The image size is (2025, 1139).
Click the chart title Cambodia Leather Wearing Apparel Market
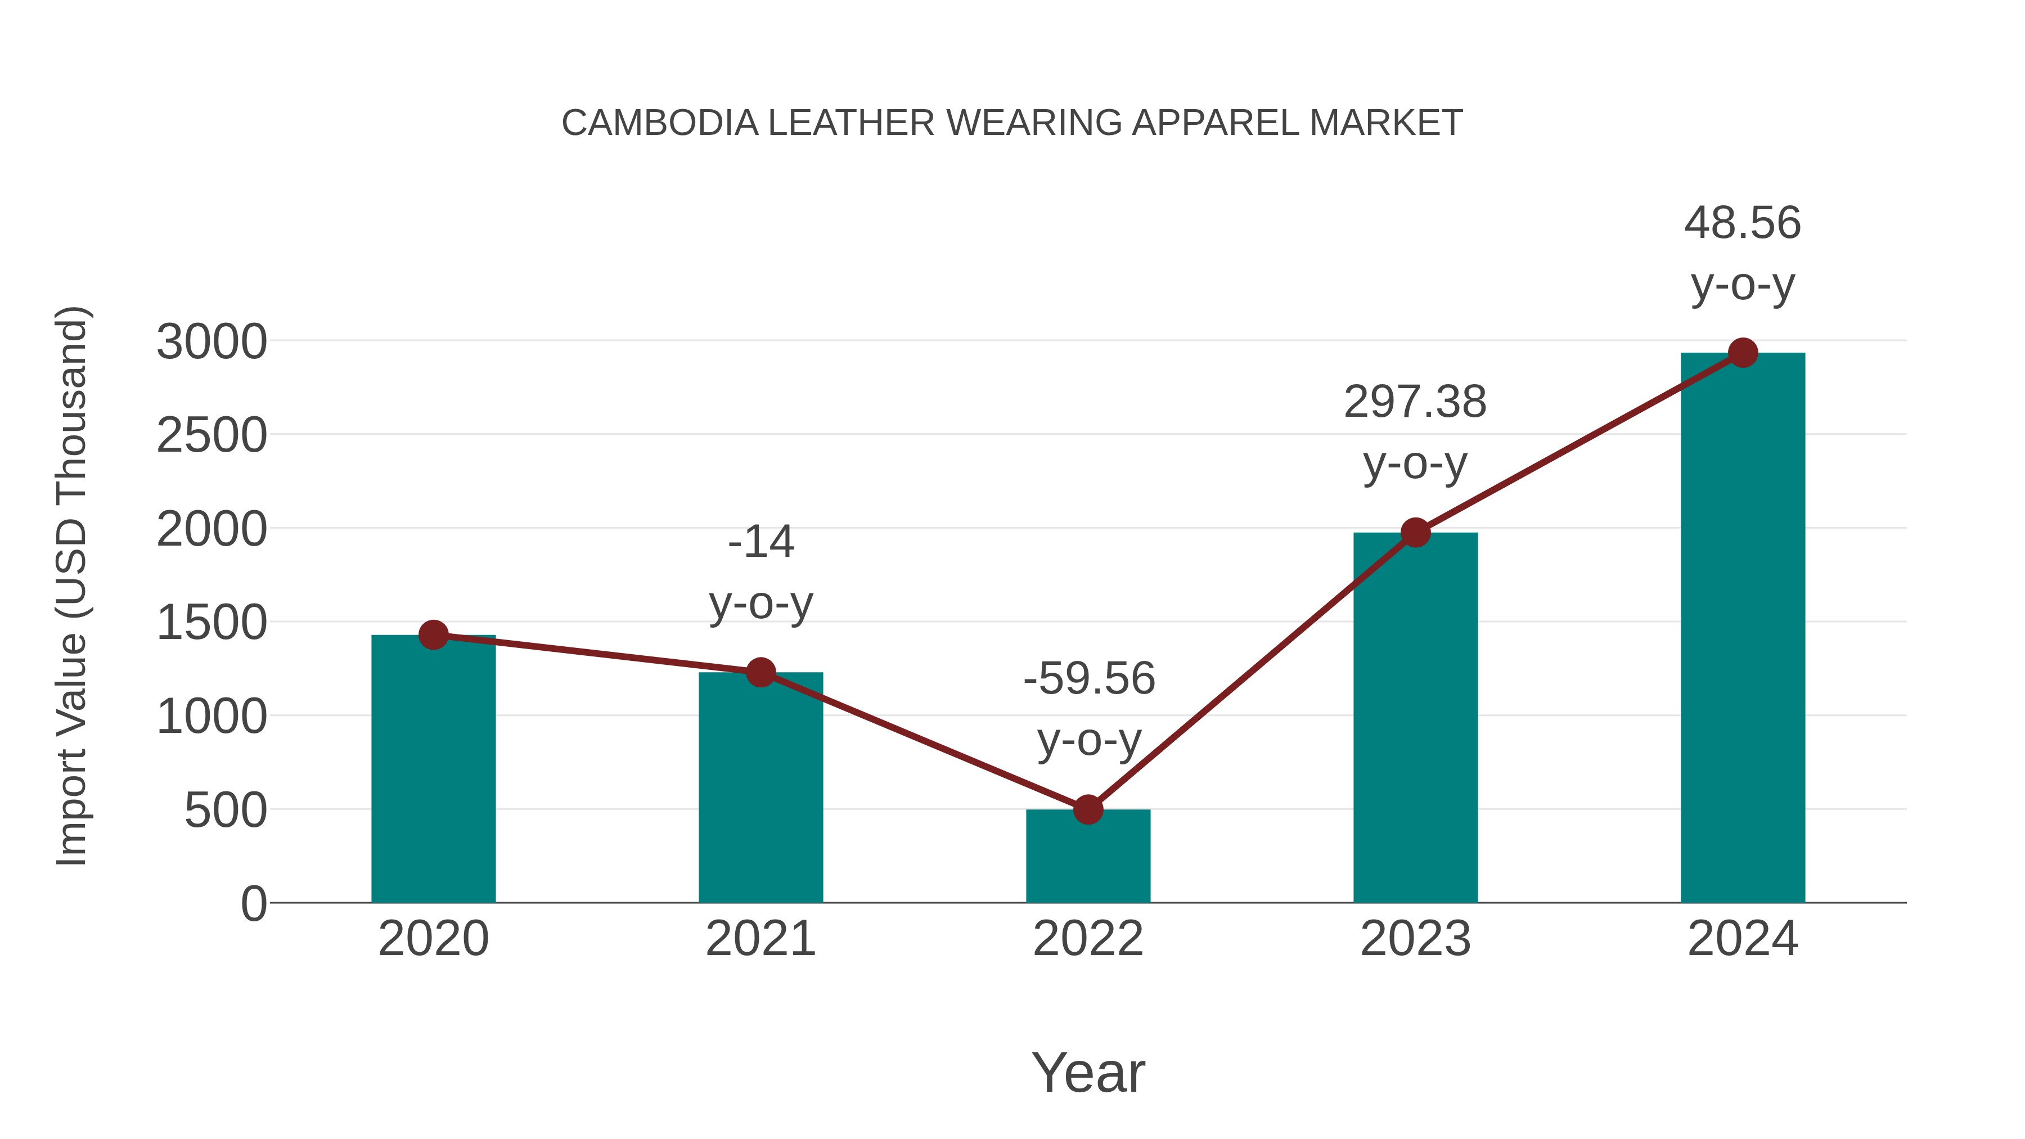click(1012, 123)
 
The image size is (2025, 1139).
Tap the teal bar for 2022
click(1088, 856)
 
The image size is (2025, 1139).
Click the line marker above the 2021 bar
click(760, 672)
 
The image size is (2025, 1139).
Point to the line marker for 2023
click(1415, 533)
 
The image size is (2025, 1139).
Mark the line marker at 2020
click(433, 634)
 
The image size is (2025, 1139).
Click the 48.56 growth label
click(1742, 223)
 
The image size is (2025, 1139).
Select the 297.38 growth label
click(1415, 403)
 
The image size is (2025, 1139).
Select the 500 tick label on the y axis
click(226, 811)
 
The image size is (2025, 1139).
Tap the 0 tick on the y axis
click(254, 904)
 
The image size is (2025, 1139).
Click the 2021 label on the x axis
click(760, 939)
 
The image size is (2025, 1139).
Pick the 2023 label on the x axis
click(1415, 939)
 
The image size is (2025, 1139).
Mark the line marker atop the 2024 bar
click(1743, 353)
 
